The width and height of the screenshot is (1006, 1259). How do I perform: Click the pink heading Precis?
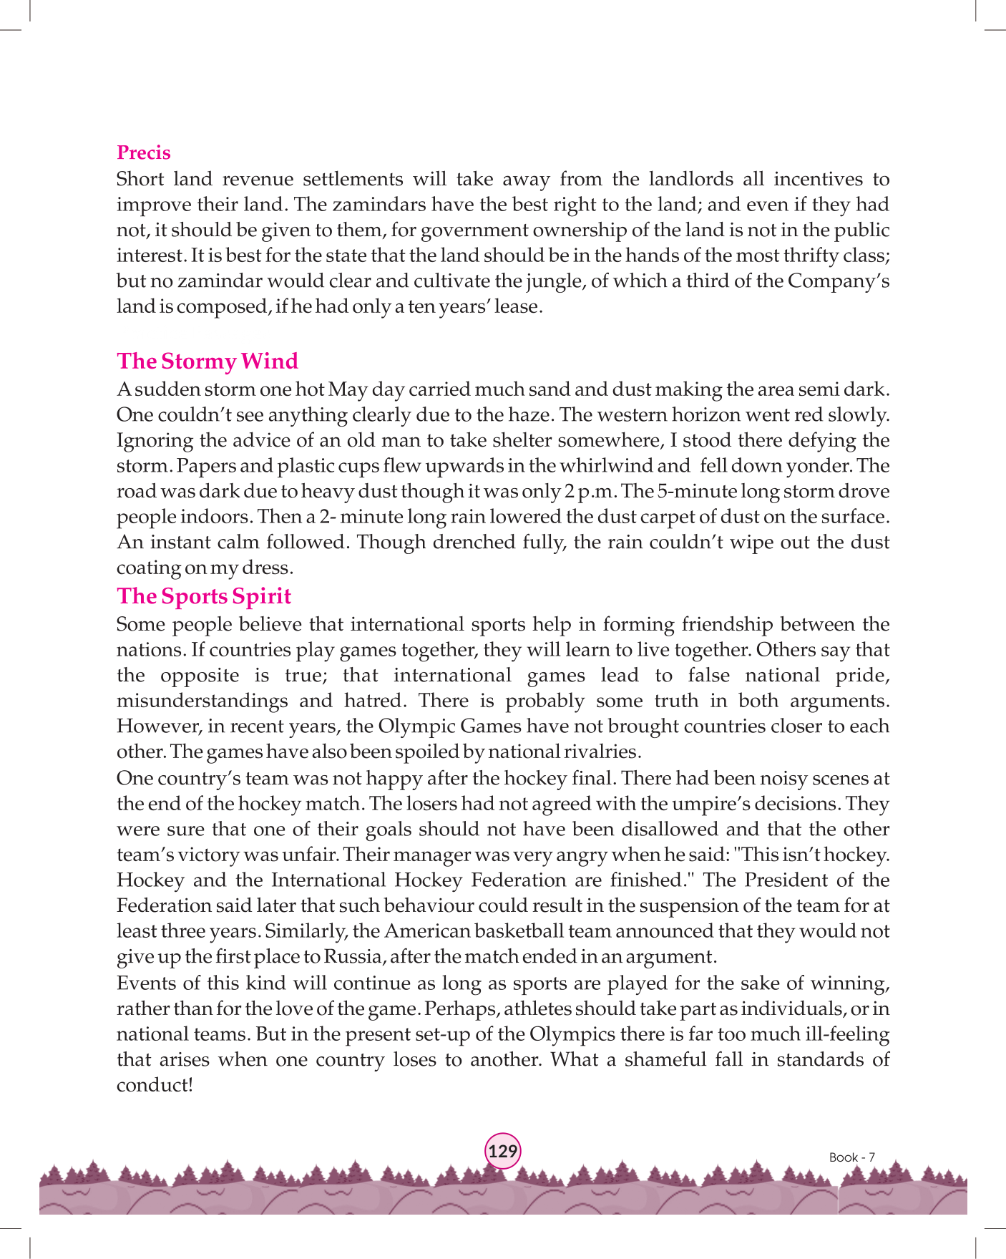(x=143, y=152)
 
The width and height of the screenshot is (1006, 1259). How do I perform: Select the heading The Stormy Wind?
(x=207, y=361)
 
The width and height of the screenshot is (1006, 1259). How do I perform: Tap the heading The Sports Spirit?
(x=204, y=596)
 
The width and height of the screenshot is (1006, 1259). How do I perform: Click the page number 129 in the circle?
(x=503, y=1151)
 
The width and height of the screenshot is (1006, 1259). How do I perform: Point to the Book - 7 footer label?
(x=851, y=1157)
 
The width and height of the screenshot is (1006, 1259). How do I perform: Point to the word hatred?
(x=372, y=701)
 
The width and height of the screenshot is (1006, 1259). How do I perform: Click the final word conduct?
(x=155, y=1085)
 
